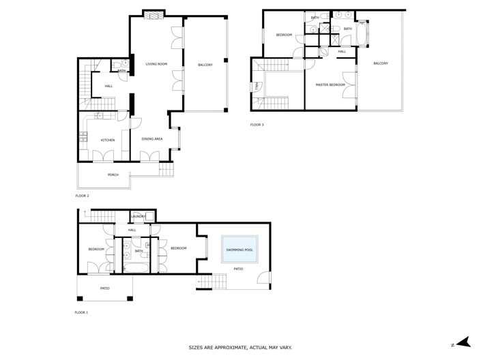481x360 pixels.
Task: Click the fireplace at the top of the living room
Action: (x=154, y=14)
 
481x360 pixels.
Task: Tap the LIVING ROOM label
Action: (x=156, y=65)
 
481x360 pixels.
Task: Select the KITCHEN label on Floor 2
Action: (x=108, y=140)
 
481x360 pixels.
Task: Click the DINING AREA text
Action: (x=151, y=139)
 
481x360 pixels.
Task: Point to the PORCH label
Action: (x=113, y=175)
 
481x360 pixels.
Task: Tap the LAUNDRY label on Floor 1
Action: (x=139, y=217)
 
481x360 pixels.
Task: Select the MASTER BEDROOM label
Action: (x=330, y=85)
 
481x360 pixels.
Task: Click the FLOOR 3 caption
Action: (x=257, y=125)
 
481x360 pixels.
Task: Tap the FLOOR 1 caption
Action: (x=82, y=312)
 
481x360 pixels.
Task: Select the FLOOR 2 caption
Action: (x=82, y=196)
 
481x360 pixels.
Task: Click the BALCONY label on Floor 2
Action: (x=205, y=65)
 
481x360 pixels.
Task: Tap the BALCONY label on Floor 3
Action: (x=380, y=63)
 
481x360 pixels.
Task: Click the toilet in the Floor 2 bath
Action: (x=123, y=65)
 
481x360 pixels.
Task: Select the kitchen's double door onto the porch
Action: (x=102, y=157)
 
